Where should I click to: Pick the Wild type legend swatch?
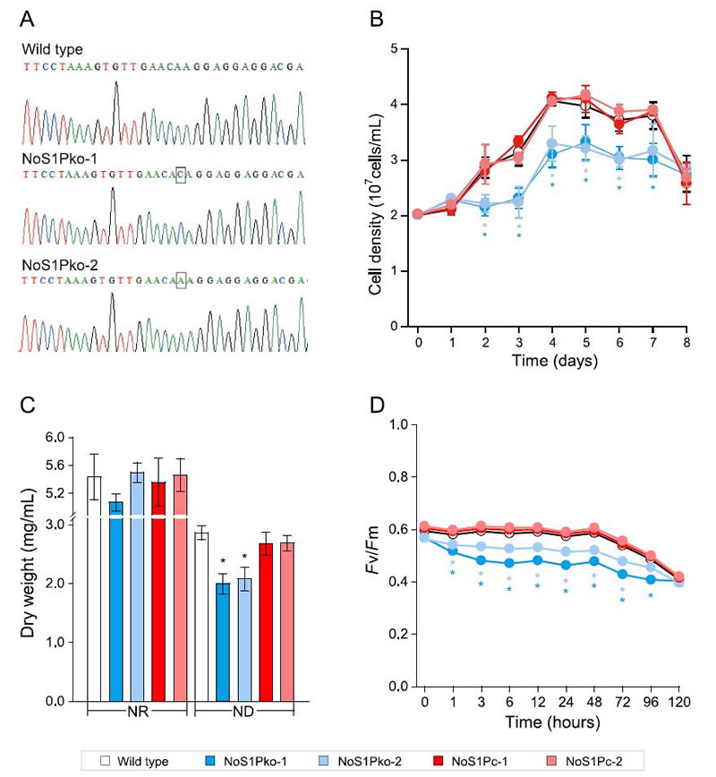pos(104,761)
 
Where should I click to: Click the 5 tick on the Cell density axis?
pos(405,48)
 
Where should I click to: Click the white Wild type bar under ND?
pos(202,618)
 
